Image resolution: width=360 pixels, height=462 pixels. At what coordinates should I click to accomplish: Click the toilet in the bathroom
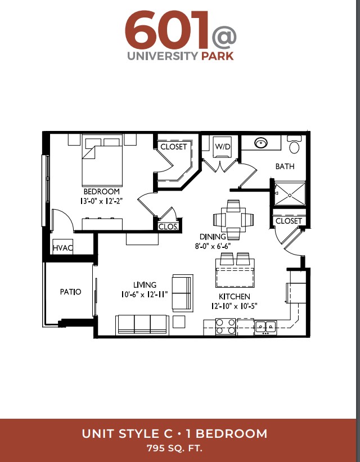[x=294, y=144]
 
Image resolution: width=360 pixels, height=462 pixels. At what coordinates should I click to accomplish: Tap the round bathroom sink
[x=260, y=143]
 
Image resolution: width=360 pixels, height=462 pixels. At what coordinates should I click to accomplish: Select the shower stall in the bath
[x=290, y=194]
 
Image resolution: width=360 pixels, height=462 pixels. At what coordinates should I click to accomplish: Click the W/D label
[x=223, y=147]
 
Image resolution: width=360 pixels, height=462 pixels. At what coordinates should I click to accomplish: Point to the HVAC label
[x=63, y=248]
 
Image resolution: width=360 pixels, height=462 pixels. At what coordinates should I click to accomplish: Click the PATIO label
[x=70, y=292]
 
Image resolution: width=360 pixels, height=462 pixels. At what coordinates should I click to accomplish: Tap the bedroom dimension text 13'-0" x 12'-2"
[x=101, y=201]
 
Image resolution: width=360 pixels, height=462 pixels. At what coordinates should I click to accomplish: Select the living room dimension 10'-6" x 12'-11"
[x=144, y=294]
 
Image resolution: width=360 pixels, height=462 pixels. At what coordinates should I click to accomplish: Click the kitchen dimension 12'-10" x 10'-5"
[x=235, y=306]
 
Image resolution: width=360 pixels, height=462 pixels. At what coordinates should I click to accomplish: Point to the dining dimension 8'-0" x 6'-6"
[x=213, y=246]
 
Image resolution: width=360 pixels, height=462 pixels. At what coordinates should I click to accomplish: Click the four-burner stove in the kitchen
[x=226, y=327]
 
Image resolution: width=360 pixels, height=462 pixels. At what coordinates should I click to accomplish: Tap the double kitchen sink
[x=265, y=327]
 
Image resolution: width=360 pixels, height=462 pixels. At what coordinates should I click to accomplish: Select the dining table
[x=233, y=220]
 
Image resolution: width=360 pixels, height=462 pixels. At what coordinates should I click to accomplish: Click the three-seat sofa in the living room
[x=142, y=325]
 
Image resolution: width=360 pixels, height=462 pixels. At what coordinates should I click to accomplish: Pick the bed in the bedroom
[x=102, y=160]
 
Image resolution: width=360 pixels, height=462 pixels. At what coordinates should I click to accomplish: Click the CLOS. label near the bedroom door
[x=168, y=227]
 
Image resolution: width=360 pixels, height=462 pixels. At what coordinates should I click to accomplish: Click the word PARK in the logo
[x=218, y=56]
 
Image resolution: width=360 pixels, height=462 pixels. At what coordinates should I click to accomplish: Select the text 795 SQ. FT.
[x=174, y=449]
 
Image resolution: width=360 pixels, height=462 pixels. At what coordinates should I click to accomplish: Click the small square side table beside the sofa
[x=179, y=321]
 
